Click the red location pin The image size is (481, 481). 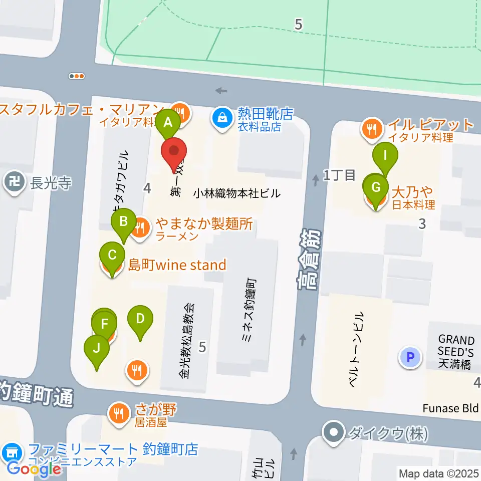point(174,151)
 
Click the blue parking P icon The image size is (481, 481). point(410,358)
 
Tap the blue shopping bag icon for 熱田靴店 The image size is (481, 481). point(220,118)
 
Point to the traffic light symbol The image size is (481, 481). point(77,76)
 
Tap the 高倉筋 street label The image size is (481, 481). point(308,261)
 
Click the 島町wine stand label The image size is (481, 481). point(177,265)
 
